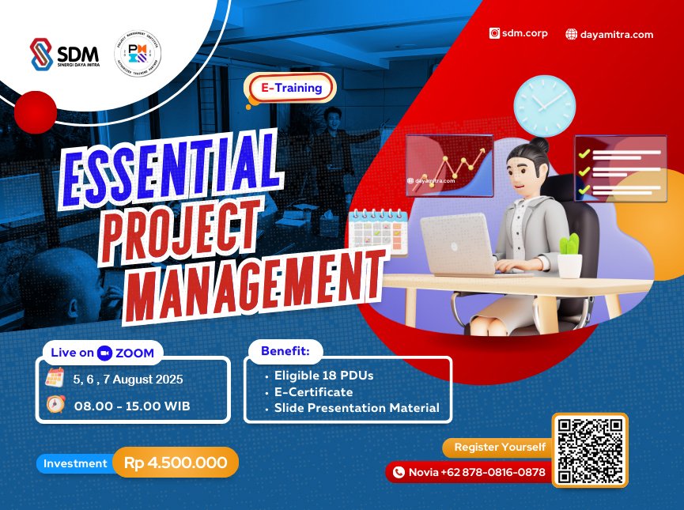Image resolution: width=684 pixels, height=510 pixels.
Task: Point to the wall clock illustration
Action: [544, 105]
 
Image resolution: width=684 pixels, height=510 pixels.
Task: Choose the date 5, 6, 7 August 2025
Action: [127, 379]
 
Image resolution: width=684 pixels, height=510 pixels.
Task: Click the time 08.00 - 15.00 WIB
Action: [132, 406]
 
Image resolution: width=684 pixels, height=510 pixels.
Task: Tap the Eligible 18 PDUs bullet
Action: [323, 376]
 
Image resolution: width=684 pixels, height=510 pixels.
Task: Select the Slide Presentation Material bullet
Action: [356, 408]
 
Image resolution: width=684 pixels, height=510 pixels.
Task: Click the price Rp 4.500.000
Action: [176, 463]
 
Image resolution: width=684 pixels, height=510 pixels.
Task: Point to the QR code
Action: [590, 450]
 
